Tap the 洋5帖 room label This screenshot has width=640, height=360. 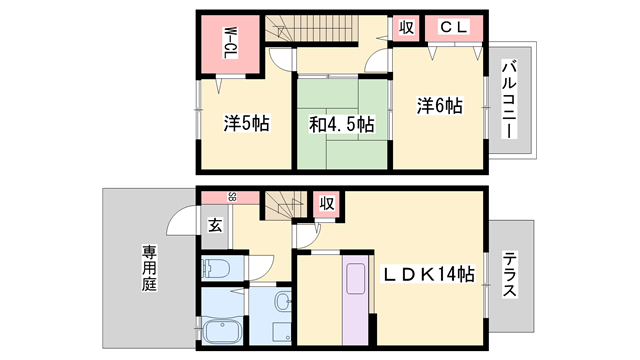pos(245,124)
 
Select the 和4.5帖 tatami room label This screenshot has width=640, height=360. pos(340,125)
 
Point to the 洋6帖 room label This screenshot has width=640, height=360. pos(439,105)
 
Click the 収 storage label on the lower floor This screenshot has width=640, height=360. pos(326,204)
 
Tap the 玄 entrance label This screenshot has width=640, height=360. pos(215,224)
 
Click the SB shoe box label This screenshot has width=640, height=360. pos(231,197)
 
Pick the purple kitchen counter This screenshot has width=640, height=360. pos(358,300)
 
